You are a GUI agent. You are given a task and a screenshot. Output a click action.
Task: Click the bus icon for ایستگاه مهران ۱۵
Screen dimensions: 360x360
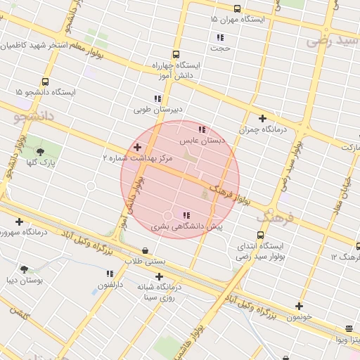tap(237, 9)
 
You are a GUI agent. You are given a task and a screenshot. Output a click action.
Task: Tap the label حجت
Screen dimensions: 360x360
tap(222, 49)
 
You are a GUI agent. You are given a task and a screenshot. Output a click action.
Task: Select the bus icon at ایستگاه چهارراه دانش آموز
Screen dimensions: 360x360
tap(175, 54)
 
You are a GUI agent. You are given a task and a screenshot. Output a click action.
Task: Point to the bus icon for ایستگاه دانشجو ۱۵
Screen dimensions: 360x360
tap(46, 82)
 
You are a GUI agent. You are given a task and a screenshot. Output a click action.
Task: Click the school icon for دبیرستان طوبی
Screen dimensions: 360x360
tap(157, 99)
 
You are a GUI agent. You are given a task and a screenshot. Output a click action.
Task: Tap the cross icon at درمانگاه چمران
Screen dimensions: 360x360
tap(262, 119)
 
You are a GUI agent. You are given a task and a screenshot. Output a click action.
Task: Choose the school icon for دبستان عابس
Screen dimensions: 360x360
tap(202, 129)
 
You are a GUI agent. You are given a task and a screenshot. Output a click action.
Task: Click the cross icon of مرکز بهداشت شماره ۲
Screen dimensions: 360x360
tap(137, 147)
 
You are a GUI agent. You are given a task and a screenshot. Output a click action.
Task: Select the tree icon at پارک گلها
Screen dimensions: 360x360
tap(38, 151)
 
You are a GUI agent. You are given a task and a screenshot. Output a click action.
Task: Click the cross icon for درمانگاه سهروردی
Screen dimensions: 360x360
tap(19, 222)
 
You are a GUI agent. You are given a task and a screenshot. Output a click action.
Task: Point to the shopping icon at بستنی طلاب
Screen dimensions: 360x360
tap(145, 250)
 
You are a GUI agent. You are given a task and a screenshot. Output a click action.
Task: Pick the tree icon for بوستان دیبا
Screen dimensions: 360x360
tap(25, 269)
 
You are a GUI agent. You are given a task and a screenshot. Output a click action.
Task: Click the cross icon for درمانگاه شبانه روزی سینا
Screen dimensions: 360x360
tap(159, 276)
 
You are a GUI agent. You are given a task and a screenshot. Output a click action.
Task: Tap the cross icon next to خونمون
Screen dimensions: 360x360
tap(299, 306)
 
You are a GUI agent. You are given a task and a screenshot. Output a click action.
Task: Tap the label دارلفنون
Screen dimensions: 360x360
tap(110, 285)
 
